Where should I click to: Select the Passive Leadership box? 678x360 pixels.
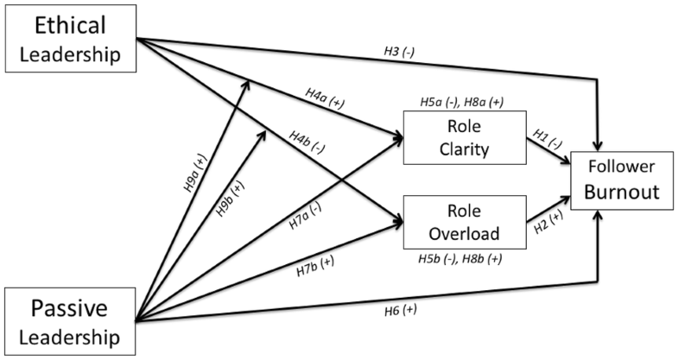70,319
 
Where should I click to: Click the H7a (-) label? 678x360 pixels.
305,218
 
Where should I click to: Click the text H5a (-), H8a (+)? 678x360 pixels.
463,102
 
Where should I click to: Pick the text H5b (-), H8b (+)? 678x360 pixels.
462,257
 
